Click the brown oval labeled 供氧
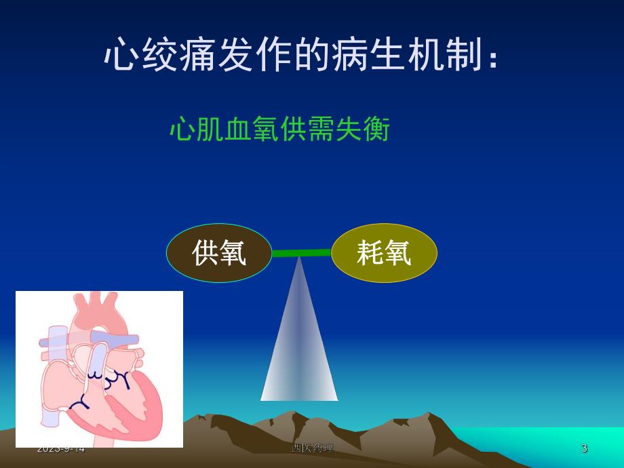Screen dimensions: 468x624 (219, 253)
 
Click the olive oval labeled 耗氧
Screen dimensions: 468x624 (384, 253)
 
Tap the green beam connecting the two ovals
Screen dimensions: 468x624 (301, 253)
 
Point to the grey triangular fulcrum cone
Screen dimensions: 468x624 (299, 346)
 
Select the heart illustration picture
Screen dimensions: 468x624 (99, 369)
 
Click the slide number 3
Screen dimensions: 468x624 (584, 448)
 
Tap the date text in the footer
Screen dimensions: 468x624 (61, 448)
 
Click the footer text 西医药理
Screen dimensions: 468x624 (312, 448)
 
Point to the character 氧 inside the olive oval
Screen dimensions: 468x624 (397, 253)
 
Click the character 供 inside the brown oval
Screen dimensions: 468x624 (205, 253)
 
